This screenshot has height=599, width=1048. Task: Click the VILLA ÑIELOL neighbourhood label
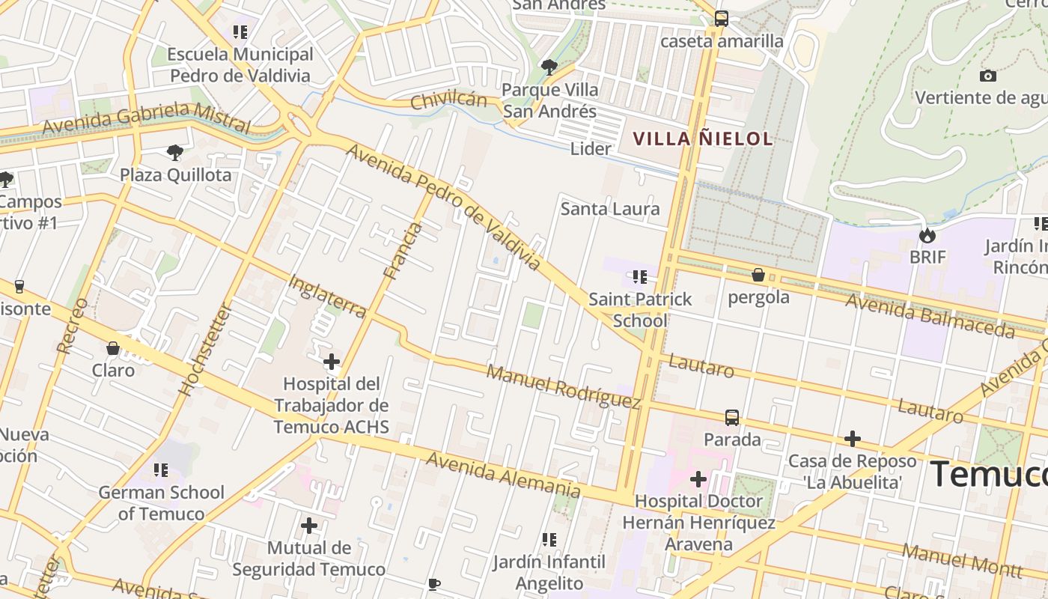[702, 139]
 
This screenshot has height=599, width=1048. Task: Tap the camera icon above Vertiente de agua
[987, 76]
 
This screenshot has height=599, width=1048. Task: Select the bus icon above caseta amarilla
[721, 19]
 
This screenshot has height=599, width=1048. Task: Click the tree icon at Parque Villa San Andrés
[549, 67]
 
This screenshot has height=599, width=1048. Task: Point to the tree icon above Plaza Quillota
[175, 153]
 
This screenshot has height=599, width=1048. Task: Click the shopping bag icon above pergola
[758, 276]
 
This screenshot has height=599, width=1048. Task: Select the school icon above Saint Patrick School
[639, 277]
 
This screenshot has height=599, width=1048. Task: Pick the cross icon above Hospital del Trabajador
[331, 362]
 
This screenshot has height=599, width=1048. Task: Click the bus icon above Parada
[731, 417]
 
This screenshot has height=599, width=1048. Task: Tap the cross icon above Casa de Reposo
[852, 439]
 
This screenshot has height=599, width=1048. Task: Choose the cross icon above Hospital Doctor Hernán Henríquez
[698, 478]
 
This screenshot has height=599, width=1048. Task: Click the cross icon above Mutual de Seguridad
[308, 526]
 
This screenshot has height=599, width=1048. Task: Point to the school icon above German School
[161, 470]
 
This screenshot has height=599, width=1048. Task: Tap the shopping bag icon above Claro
[113, 348]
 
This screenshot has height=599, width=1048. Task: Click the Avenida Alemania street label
[502, 475]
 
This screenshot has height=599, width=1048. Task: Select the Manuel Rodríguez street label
[564, 386]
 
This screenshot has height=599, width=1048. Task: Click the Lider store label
[591, 148]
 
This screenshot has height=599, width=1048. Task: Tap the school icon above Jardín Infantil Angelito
[549, 539]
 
